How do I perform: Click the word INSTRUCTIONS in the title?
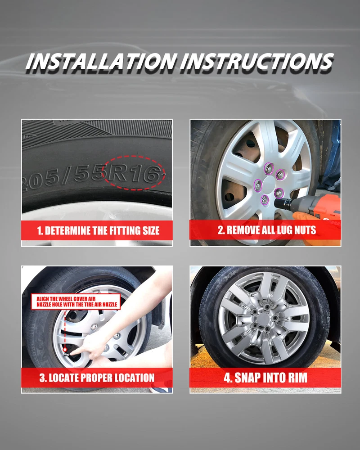[257, 61]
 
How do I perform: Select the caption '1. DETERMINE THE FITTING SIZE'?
[98, 230]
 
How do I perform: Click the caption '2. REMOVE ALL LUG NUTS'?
[267, 230]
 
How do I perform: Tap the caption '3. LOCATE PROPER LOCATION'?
[97, 378]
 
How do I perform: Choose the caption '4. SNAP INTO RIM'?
[265, 378]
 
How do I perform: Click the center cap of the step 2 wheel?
[269, 184]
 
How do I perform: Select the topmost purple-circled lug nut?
[269, 168]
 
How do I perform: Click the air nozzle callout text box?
[76, 301]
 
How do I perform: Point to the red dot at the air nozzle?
[65, 350]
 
